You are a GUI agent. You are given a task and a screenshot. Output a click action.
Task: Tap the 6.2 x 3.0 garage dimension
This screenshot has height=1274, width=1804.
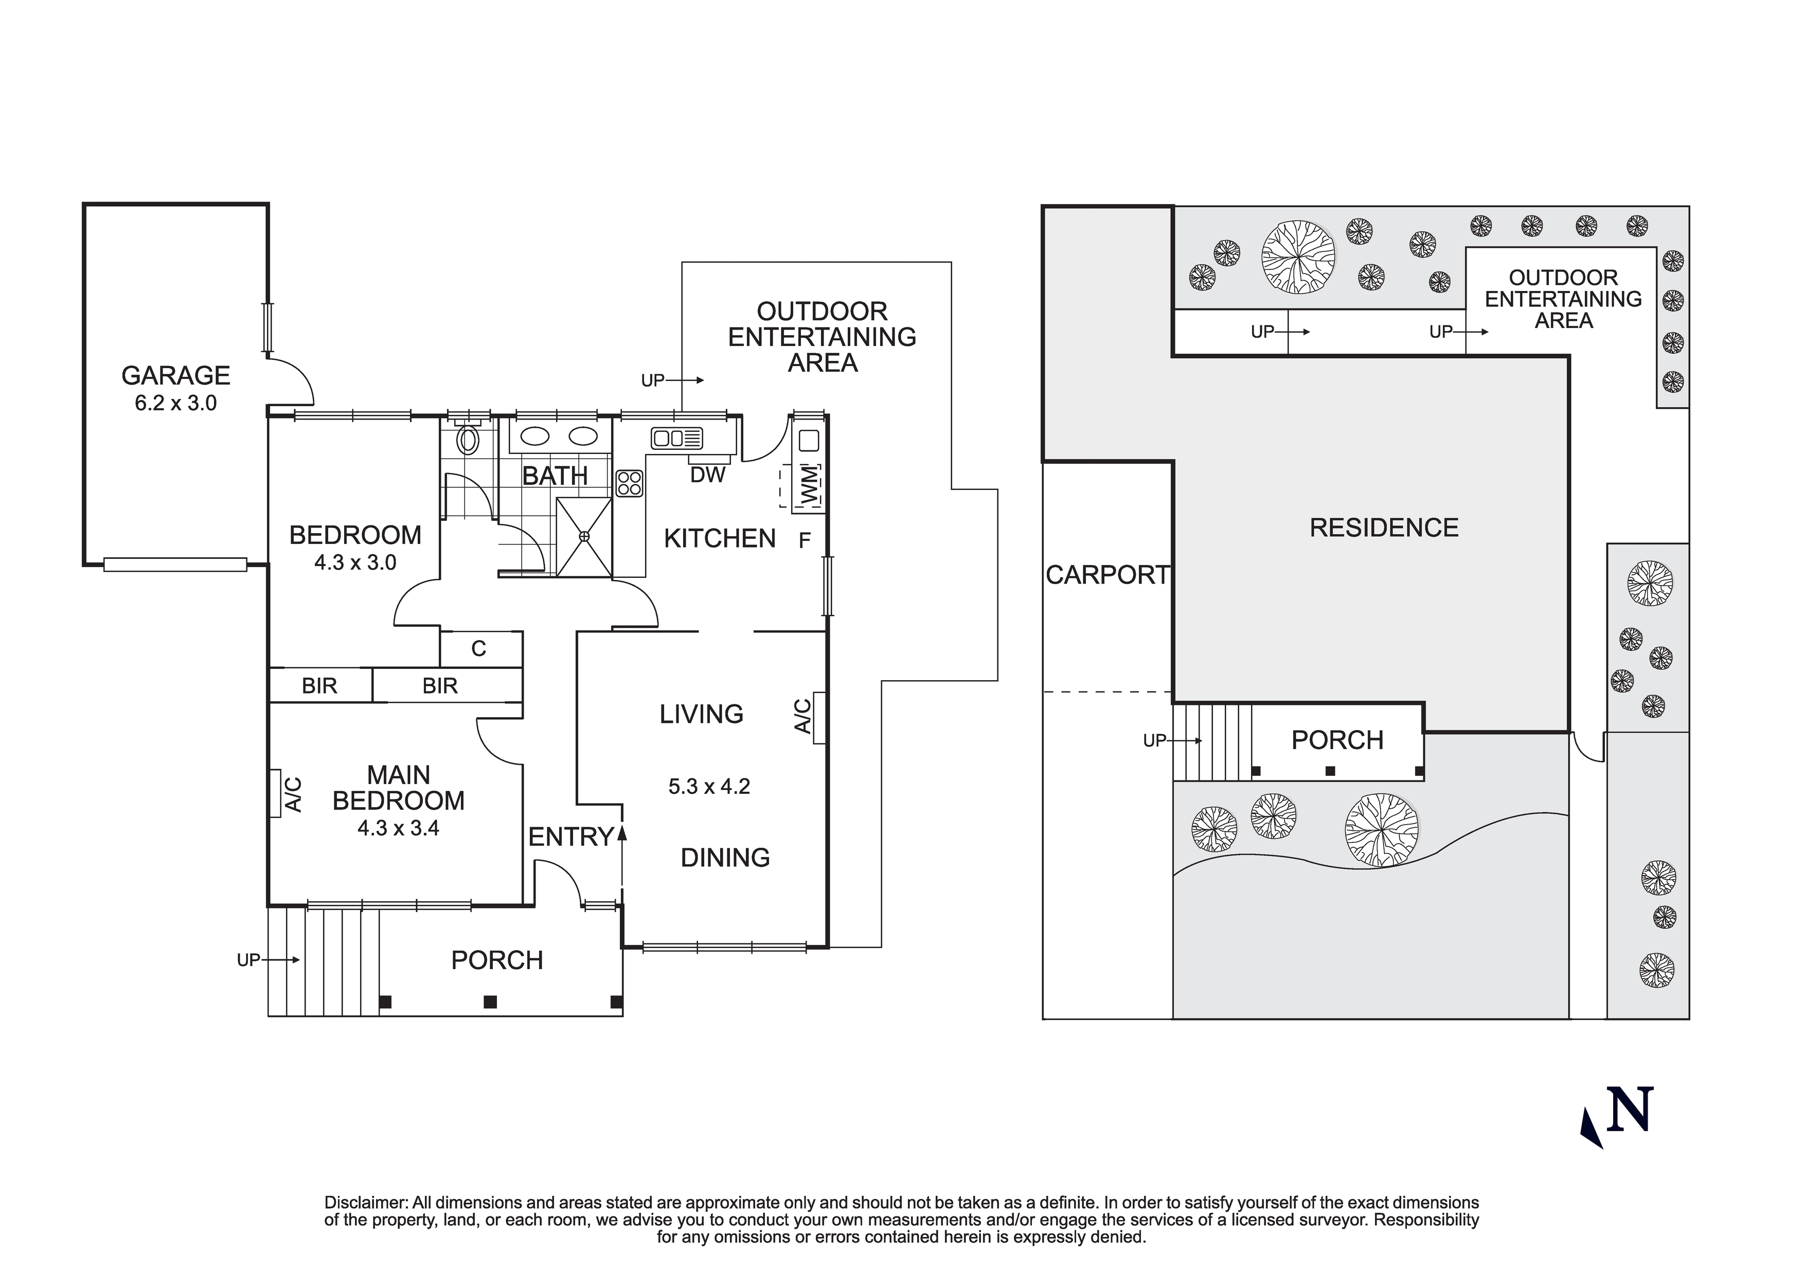pos(175,403)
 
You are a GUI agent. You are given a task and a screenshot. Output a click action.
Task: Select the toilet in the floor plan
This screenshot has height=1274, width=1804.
pos(468,439)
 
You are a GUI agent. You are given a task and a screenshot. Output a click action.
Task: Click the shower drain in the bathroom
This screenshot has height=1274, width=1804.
pos(584,536)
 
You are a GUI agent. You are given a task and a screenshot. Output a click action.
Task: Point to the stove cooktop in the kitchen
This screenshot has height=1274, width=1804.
pos(629,483)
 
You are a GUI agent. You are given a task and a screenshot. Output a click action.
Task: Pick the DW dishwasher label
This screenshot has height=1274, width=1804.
pos(707,475)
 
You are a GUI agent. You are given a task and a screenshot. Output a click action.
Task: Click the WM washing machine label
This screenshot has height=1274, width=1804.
pos(809,485)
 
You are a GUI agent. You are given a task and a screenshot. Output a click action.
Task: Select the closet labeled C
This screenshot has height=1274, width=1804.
pos(478,649)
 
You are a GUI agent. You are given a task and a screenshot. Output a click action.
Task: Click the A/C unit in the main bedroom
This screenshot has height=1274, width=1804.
pos(275,793)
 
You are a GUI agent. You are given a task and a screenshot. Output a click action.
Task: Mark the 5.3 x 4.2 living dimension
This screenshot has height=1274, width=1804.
pos(709,786)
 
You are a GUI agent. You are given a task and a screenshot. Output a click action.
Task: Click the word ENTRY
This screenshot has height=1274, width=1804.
pos(570,838)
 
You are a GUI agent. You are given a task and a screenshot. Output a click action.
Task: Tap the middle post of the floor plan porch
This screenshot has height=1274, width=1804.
pos(490,1002)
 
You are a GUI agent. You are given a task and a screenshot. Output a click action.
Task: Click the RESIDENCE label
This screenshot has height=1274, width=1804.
pos(1384,528)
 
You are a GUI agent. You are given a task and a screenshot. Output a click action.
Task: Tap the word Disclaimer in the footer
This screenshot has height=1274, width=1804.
pos(366,1203)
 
